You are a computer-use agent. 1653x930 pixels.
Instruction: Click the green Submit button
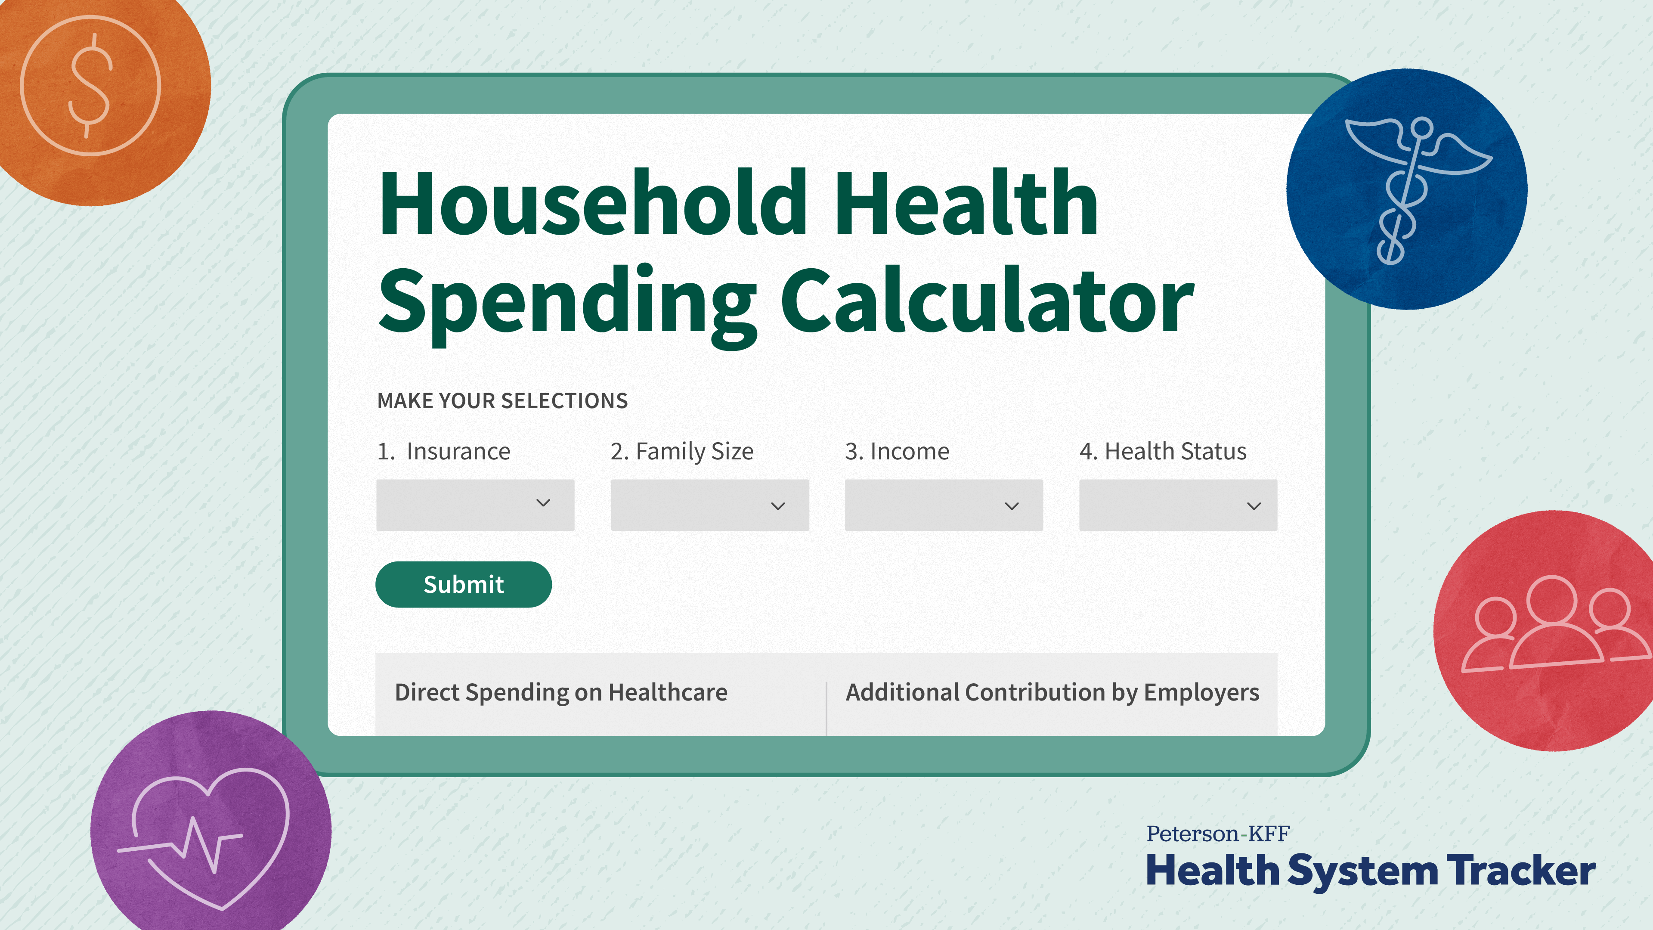(463, 584)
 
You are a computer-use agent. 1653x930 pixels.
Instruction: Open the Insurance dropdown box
(475, 505)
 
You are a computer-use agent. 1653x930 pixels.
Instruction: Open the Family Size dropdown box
(710, 505)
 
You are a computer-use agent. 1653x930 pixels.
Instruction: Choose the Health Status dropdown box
(1178, 505)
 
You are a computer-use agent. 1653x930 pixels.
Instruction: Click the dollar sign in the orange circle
(90, 85)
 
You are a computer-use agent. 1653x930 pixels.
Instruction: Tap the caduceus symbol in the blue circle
(1412, 189)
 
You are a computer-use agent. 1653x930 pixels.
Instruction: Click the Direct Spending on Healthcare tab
(561, 692)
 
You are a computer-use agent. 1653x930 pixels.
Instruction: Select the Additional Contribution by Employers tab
(1052, 692)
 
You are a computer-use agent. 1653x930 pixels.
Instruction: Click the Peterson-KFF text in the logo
(1218, 834)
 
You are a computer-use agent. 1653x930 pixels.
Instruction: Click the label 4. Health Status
(1163, 451)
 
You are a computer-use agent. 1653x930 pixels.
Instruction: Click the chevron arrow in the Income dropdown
(1012, 506)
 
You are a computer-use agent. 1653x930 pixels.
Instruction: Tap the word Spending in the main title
(568, 305)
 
